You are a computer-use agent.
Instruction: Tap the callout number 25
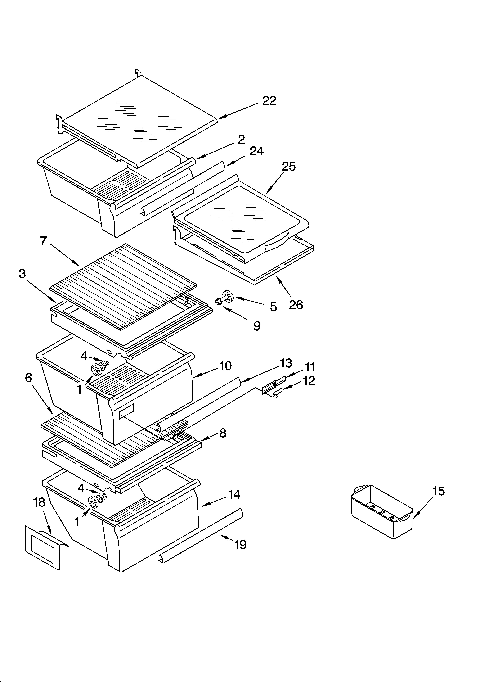(288, 167)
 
